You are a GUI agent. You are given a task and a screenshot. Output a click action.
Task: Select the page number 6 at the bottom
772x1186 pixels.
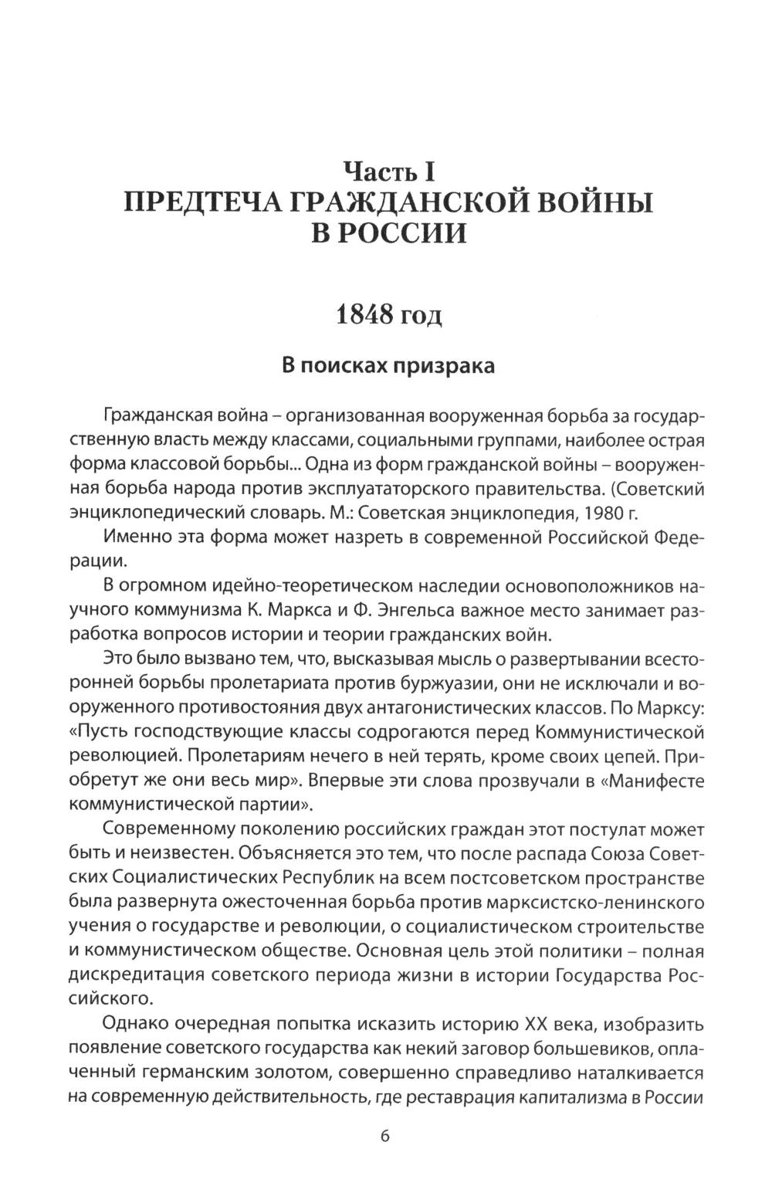click(x=386, y=1137)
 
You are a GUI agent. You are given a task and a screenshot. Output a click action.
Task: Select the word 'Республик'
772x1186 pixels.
click(x=336, y=879)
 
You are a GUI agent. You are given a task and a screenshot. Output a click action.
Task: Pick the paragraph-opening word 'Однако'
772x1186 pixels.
click(x=137, y=1025)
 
